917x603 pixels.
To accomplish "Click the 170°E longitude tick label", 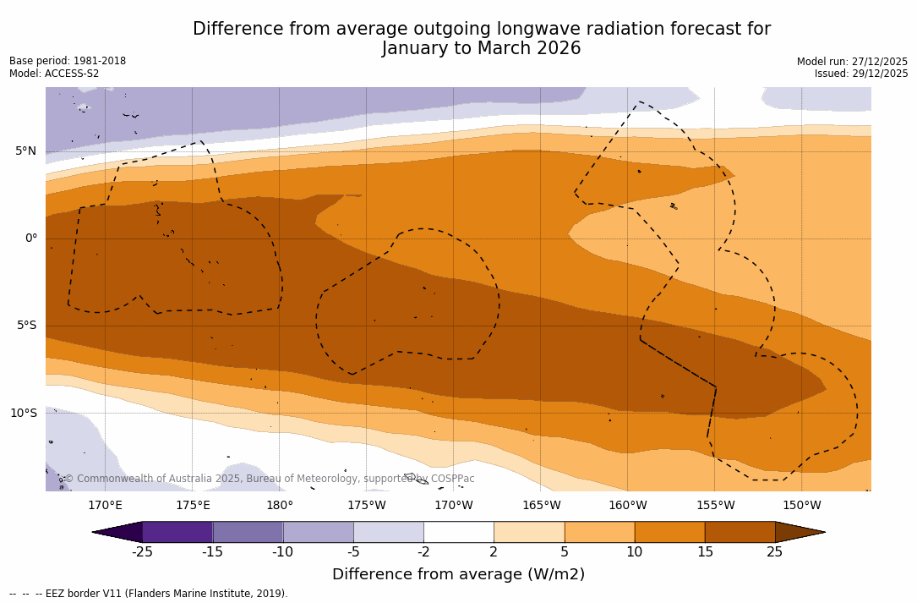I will [x=105, y=506].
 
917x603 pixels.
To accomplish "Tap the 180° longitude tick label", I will [x=279, y=506].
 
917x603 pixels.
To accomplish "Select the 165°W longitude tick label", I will [x=541, y=506].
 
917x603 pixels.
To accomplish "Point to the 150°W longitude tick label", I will [x=801, y=506].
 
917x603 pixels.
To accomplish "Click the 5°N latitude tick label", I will [x=25, y=151].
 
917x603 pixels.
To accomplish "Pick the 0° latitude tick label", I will [x=31, y=238].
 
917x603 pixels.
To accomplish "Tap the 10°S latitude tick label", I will [x=23, y=414].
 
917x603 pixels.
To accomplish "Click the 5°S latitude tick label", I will [x=25, y=326].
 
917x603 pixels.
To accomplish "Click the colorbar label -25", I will [x=142, y=552].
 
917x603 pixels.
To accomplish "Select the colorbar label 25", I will [x=774, y=552].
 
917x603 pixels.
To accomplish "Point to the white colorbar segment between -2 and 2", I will [x=458, y=532].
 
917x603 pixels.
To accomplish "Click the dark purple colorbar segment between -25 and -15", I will [x=177, y=532].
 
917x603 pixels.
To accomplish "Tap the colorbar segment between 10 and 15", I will [x=669, y=532].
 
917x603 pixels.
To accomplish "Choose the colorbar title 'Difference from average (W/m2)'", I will [x=458, y=574].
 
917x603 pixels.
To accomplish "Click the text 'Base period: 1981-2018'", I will [x=68, y=61].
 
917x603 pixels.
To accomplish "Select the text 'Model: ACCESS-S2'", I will [x=54, y=74].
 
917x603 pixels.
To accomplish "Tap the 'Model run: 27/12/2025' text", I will [x=852, y=62].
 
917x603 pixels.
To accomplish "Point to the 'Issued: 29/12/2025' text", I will [x=861, y=74].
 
